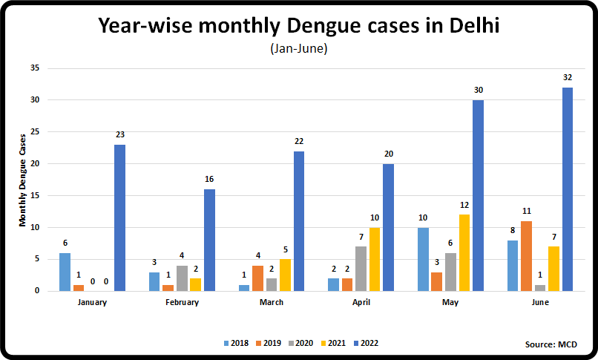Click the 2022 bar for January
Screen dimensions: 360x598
click(119, 217)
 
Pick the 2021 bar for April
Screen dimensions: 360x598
click(375, 259)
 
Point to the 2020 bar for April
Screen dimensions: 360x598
click(361, 269)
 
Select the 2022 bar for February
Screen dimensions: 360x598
click(209, 240)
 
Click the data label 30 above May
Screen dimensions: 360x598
click(478, 91)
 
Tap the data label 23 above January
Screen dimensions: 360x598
click(119, 135)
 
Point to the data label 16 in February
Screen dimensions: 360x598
click(209, 180)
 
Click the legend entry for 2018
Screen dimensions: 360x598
click(235, 343)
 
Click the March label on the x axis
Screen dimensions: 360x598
click(272, 302)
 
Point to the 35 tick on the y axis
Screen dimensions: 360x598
click(34, 68)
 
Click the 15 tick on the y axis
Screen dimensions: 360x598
click(34, 196)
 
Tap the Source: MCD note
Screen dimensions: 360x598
click(550, 344)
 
